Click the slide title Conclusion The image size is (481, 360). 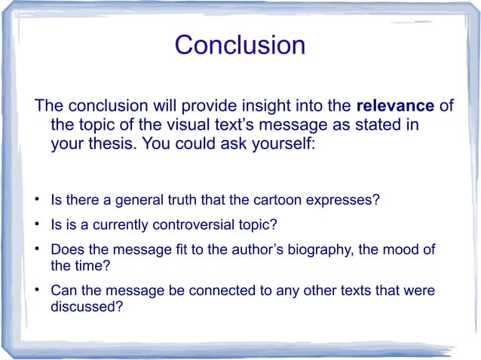[x=240, y=45]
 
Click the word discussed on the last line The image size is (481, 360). [x=86, y=307]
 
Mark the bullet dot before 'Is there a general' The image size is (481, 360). [x=36, y=202]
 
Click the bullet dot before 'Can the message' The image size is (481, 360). [x=36, y=291]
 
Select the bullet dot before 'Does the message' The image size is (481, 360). [x=36, y=249]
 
